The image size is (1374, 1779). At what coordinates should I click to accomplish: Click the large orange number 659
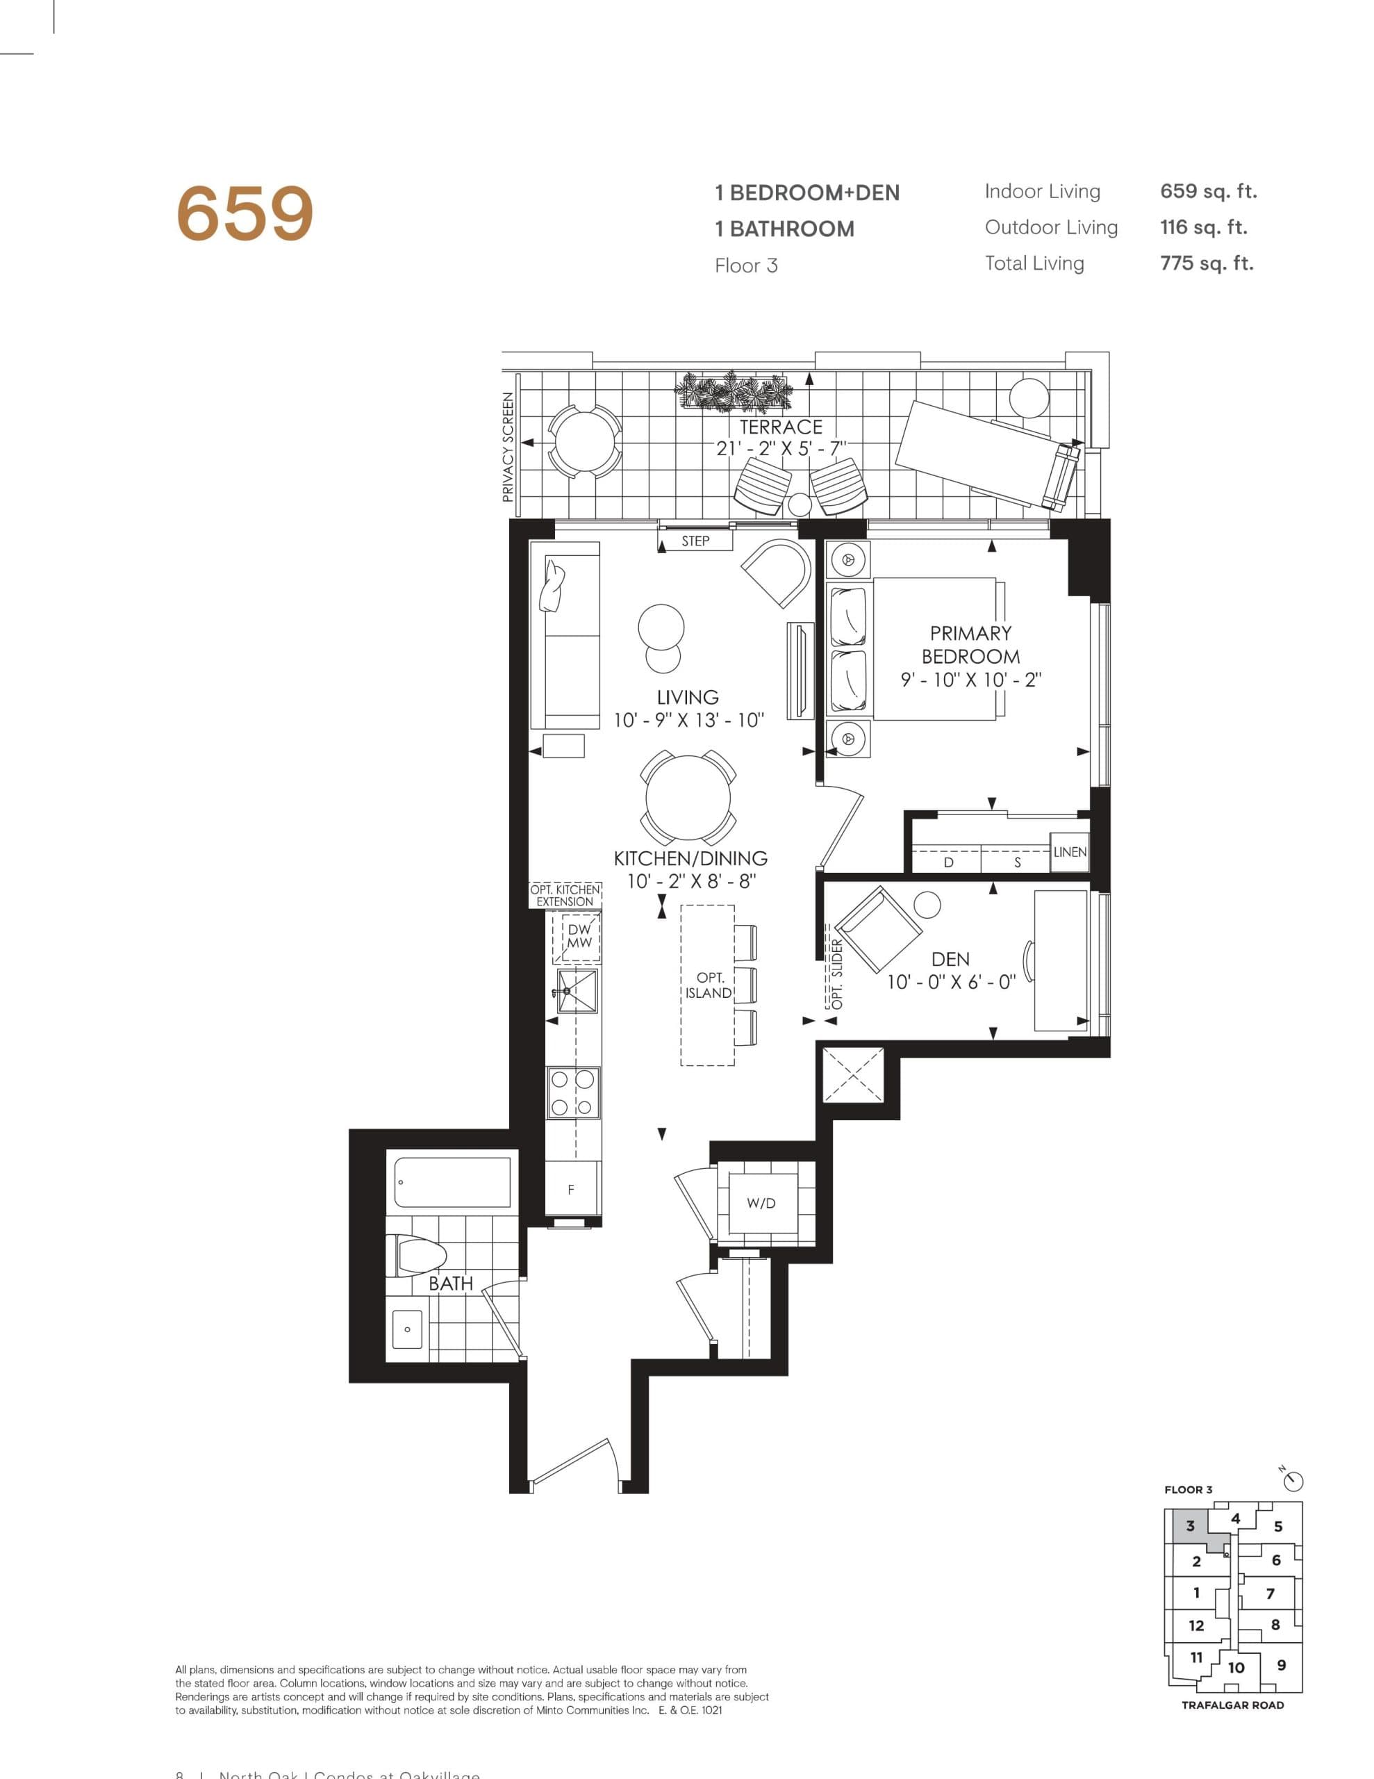point(245,213)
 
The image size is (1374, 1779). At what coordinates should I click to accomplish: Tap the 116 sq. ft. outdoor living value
point(1203,227)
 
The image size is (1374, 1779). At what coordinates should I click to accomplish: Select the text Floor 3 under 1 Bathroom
point(745,265)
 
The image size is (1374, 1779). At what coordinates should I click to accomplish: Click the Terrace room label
point(780,427)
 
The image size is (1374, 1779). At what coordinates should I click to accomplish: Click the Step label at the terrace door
point(695,541)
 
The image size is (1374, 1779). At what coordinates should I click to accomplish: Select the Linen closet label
point(1068,852)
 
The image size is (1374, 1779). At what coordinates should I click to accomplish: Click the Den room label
point(950,960)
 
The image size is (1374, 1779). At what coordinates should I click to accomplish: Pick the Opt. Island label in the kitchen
point(709,985)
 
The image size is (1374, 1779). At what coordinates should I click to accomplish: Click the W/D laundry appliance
point(761,1203)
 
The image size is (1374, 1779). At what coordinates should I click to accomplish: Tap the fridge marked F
point(571,1190)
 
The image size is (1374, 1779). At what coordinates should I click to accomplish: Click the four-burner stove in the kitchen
point(572,1092)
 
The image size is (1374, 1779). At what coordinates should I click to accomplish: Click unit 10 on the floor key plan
point(1236,1667)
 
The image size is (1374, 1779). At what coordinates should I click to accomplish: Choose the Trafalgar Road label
point(1232,1705)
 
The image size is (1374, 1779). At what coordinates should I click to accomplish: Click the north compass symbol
point(1294,1481)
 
